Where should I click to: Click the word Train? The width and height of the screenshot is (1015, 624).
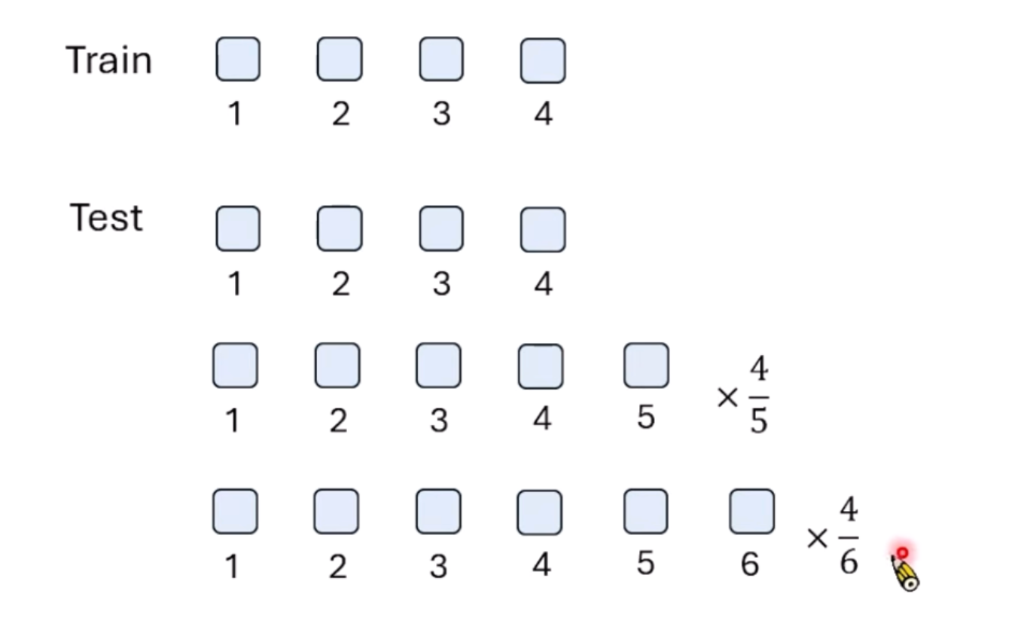(108, 60)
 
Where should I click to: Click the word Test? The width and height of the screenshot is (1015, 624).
(106, 218)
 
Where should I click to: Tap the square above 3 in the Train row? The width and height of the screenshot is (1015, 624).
(441, 60)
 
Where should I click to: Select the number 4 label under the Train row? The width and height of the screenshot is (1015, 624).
(543, 114)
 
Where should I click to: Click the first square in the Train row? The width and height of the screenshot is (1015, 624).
(238, 60)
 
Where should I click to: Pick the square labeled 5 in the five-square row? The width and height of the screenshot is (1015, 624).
(646, 366)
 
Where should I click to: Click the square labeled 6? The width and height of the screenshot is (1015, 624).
(751, 512)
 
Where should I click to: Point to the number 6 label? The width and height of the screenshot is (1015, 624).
(749, 564)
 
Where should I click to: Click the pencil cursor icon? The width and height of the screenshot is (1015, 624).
(905, 571)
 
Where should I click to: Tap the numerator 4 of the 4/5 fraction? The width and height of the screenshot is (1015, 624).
(758, 369)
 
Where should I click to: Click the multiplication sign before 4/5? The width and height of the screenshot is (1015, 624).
(727, 397)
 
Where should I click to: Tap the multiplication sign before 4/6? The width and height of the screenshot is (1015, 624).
(817, 538)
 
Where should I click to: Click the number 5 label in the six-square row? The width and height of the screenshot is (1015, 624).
(645, 563)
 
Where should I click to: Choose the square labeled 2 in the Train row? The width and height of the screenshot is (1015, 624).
(340, 60)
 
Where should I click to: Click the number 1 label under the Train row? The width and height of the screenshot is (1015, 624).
(235, 114)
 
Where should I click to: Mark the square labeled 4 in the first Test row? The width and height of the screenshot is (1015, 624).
(543, 229)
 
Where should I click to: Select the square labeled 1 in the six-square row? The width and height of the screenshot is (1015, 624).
(235, 512)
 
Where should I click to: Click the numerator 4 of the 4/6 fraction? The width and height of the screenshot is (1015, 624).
(849, 511)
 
